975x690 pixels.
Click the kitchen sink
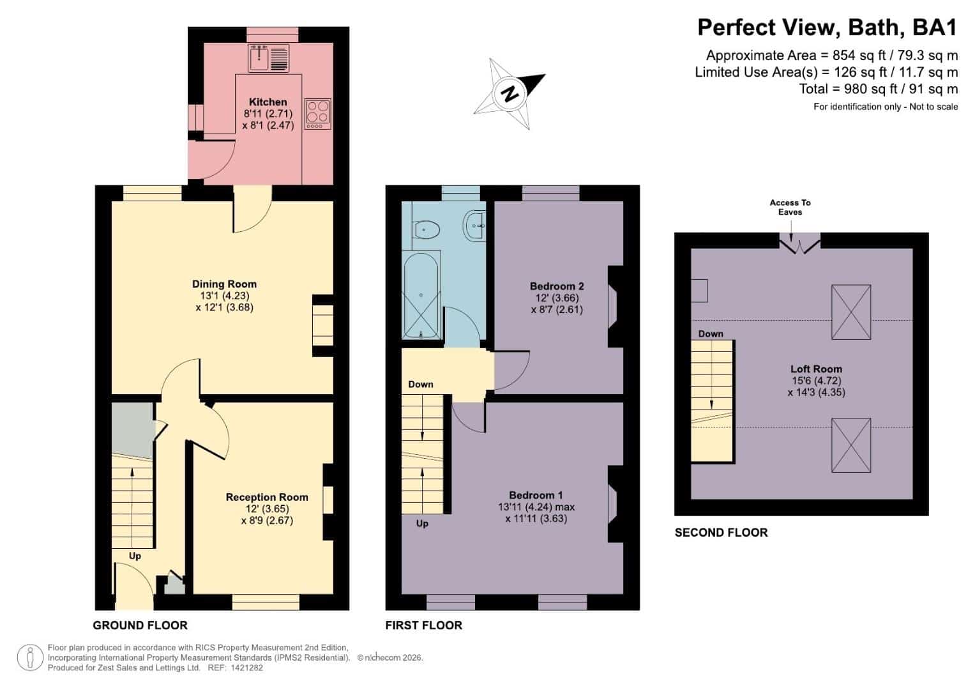[268, 58]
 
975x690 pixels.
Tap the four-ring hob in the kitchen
[318, 114]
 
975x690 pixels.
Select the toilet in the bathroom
[427, 229]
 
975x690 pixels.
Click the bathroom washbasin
[474, 225]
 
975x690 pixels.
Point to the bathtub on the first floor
[421, 295]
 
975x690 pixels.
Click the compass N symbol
[509, 94]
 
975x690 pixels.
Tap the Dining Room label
[224, 284]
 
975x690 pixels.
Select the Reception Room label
[267, 497]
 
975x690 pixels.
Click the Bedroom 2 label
[557, 286]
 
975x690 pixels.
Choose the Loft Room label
[816, 369]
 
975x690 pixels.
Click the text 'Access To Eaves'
[790, 208]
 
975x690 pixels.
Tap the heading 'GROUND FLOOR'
[140, 625]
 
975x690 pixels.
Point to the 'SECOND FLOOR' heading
[722, 532]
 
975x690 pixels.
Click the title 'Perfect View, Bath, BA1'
[828, 27]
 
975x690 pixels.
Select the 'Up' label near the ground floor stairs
[135, 556]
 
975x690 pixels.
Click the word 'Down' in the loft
[711, 333]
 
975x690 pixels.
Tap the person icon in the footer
[30, 658]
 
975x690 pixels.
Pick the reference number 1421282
[247, 668]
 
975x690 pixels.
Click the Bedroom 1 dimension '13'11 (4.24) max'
[536, 507]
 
